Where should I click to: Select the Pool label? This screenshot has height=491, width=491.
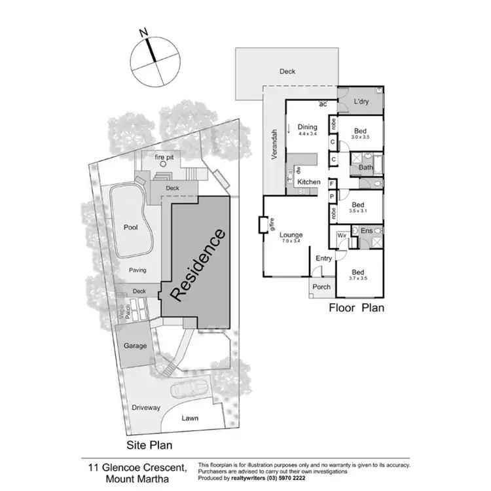pos(130,227)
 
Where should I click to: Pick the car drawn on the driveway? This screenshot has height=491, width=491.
pos(190,389)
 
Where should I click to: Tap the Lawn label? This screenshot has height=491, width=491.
pos(190,418)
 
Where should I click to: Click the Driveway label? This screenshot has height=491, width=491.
pos(145,407)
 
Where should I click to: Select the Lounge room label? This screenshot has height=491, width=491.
pos(291,234)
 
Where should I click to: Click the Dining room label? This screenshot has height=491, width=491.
pos(307,127)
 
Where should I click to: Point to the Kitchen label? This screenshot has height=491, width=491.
pos(309,181)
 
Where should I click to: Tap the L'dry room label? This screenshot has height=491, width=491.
pos(362,102)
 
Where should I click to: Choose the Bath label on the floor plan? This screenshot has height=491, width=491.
pos(365,168)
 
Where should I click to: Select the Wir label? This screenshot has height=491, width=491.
pos(341,234)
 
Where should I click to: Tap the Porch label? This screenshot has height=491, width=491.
pos(321,287)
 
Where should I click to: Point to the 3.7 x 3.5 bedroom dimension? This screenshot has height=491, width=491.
pos(358,278)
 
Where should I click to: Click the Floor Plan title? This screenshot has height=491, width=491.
pos(356,307)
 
